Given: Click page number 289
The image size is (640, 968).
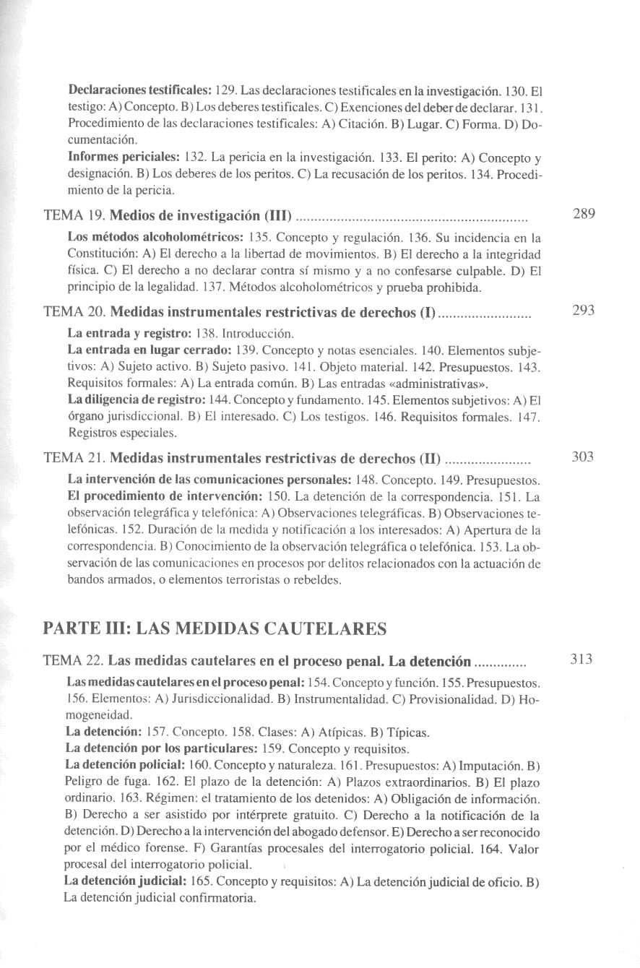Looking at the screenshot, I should tap(583, 214).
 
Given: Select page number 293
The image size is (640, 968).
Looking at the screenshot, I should tap(583, 311).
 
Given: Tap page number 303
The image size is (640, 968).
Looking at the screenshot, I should tap(583, 457).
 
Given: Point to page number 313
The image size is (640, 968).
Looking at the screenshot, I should tap(581, 659).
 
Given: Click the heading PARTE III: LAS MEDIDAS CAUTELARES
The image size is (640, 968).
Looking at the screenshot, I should tap(215, 628).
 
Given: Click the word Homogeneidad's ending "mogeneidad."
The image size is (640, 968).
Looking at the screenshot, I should tap(98, 715).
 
